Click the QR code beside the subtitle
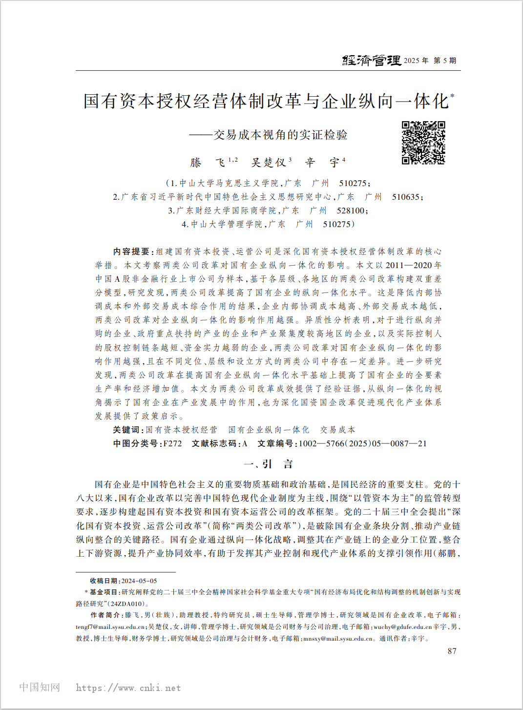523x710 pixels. pyautogui.click(x=423, y=143)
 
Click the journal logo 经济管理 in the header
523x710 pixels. pyautogui.click(x=371, y=61)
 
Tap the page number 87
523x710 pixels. pyautogui.click(x=452, y=651)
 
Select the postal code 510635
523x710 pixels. pyautogui.click(x=405, y=197)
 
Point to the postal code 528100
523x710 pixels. pyautogui.click(x=350, y=210)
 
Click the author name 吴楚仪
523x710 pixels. pyautogui.click(x=268, y=162)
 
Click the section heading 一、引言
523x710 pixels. pyautogui.click(x=268, y=464)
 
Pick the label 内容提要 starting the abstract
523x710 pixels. pyautogui.click(x=131, y=251)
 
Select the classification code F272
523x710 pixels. pyautogui.click(x=172, y=443)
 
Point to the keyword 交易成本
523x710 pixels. pyautogui.click(x=337, y=430)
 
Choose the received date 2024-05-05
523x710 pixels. pyautogui.click(x=139, y=581)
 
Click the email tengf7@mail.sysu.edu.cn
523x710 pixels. pyautogui.click(x=110, y=627)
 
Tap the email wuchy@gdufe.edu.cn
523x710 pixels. pyautogui.click(x=402, y=627)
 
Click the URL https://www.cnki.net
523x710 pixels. pyautogui.click(x=128, y=688)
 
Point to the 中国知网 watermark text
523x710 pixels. pyautogui.click(x=40, y=687)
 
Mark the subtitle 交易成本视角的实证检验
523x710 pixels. pyautogui.click(x=280, y=135)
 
